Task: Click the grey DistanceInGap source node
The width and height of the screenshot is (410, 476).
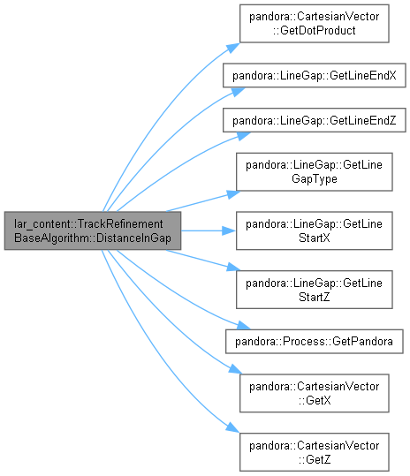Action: pyautogui.click(x=93, y=230)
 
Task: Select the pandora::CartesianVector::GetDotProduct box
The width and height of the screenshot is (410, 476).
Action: pyautogui.click(x=314, y=23)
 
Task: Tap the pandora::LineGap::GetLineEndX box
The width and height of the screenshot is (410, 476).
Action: pyautogui.click(x=315, y=75)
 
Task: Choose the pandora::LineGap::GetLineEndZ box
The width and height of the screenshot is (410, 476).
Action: pyautogui.click(x=315, y=120)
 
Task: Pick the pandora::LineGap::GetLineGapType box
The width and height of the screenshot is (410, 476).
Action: pyautogui.click(x=315, y=172)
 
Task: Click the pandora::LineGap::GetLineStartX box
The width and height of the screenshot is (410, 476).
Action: pyautogui.click(x=315, y=230)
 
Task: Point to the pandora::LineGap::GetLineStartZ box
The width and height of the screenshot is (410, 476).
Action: pyautogui.click(x=315, y=290)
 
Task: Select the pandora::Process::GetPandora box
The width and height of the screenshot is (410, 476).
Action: pyautogui.click(x=315, y=341)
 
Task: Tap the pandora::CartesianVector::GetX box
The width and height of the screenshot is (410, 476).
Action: pyautogui.click(x=314, y=393)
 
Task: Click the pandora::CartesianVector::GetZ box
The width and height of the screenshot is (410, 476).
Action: pyautogui.click(x=314, y=452)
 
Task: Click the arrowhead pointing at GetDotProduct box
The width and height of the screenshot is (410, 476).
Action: pyautogui.click(x=233, y=48)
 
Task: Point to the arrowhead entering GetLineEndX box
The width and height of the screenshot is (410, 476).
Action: pyautogui.click(x=238, y=92)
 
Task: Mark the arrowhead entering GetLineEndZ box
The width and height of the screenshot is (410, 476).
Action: pyautogui.click(x=244, y=136)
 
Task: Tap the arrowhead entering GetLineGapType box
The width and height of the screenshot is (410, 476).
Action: pyautogui.click(x=233, y=194)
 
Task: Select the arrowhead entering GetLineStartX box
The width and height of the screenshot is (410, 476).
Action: pyautogui.click(x=229, y=230)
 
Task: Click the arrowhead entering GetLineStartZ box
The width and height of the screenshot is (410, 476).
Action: pyautogui.click(x=233, y=267)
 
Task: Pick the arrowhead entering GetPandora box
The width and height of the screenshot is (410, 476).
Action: pyautogui.click(x=244, y=325)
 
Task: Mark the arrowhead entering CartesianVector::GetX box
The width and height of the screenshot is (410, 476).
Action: pyautogui.click(x=235, y=369)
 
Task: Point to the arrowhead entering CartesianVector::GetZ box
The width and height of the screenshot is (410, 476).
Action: pyautogui.click(x=232, y=427)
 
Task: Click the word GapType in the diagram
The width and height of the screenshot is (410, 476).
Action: pyautogui.click(x=315, y=178)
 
